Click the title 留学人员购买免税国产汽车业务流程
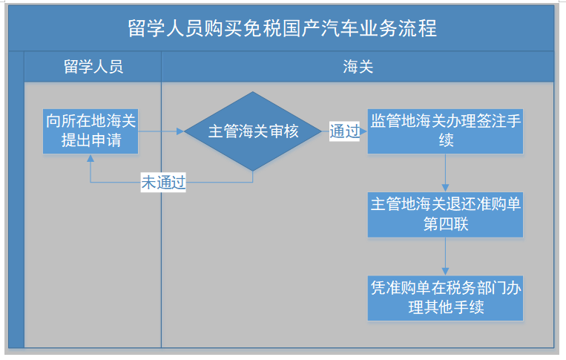coord(281,29)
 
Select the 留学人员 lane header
coord(93,67)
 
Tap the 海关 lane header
coord(357,67)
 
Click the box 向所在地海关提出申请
coord(91,131)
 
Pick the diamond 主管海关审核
coord(254,131)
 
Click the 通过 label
coord(345,132)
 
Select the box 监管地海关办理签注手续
coord(445,131)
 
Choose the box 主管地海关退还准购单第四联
coord(445,215)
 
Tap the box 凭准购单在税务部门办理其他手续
coord(445,298)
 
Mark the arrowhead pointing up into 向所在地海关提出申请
coord(91,158)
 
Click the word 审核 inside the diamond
coord(284,131)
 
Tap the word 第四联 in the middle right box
coord(446,224)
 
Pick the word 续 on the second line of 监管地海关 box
coord(446,140)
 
